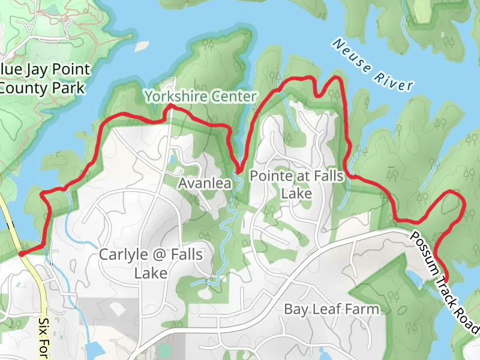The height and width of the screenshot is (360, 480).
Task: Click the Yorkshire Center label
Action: point(200,96)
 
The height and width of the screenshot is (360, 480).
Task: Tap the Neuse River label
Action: point(372,65)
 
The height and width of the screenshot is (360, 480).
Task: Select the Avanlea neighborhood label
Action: point(205,184)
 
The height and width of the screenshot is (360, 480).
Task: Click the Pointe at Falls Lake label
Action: point(296,185)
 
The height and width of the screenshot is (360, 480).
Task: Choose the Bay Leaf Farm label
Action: point(331,309)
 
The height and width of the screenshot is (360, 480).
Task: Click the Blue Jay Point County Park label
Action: point(42,79)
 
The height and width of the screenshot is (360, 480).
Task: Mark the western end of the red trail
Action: point(21,254)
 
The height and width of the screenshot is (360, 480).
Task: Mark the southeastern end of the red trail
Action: point(447,280)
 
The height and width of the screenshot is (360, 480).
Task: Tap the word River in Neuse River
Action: point(394,80)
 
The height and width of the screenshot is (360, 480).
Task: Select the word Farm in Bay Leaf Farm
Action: point(364,309)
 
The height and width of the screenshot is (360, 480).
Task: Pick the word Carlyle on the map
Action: point(124,254)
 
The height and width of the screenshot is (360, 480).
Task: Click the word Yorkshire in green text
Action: point(175,96)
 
